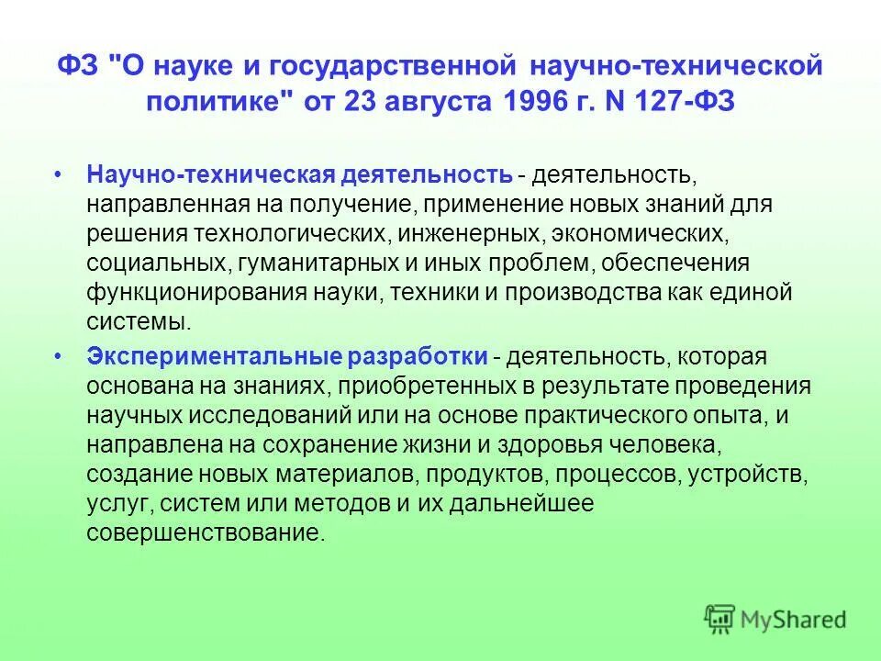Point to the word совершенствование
click(206, 533)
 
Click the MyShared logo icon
click(720, 620)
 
